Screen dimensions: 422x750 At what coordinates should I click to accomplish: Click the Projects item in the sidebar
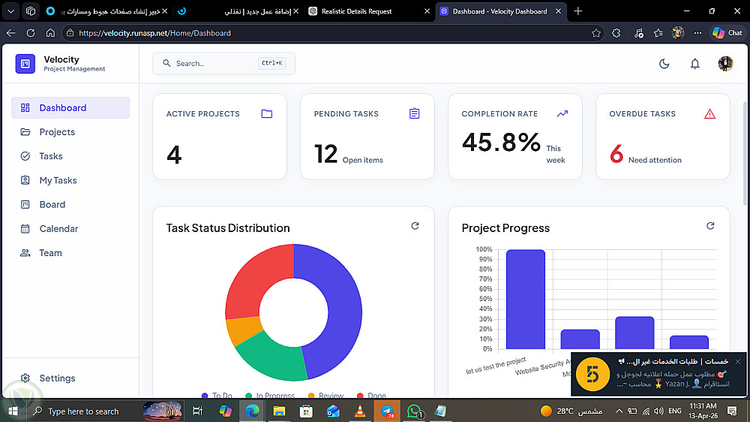tap(57, 132)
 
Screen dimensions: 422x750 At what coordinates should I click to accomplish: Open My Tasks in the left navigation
tap(58, 180)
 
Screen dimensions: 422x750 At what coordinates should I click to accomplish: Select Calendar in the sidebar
tap(58, 229)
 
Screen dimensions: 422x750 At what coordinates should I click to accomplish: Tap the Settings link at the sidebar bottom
tap(57, 378)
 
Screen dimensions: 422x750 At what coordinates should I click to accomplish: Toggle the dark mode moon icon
tap(664, 64)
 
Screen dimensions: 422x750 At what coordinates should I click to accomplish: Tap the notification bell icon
tap(695, 64)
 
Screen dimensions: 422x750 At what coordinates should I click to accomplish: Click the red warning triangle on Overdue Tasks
tap(709, 114)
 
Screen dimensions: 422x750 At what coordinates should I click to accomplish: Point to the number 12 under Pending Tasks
tap(326, 154)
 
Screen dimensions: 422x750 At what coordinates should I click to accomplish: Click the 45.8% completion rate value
tap(501, 142)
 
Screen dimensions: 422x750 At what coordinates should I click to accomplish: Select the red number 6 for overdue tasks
tap(616, 154)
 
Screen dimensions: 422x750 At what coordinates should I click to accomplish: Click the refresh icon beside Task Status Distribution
tap(415, 226)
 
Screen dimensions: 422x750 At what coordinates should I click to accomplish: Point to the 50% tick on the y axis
tap(484, 299)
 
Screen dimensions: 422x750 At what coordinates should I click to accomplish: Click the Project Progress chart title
tap(505, 228)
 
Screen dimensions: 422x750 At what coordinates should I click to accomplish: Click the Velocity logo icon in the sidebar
tap(25, 64)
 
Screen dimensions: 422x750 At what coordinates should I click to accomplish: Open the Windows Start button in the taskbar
tap(11, 411)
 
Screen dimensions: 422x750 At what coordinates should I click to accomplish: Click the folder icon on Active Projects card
tap(266, 114)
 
